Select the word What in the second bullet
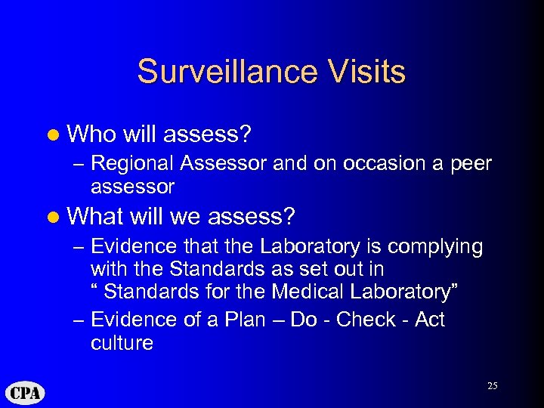point(95,217)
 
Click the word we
point(185,217)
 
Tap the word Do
point(304,320)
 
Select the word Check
point(366,320)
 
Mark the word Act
point(430,320)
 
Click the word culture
point(121,343)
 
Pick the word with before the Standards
point(109,269)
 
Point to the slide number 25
point(492,385)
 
